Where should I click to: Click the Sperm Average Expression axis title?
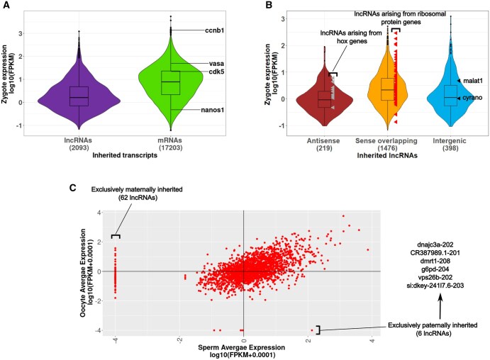243,347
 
